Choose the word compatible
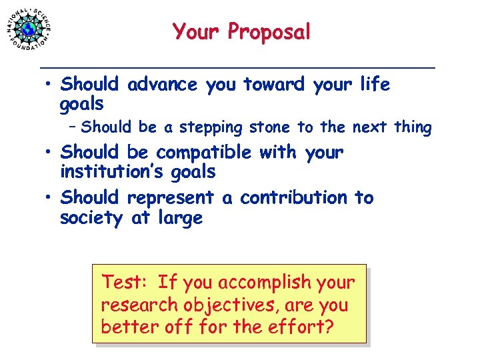[x=203, y=153]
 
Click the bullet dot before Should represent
[x=49, y=199]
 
